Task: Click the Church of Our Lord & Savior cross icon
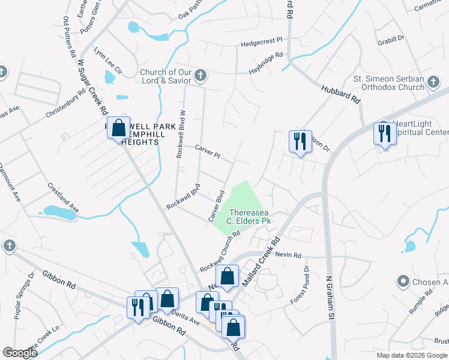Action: [200, 76]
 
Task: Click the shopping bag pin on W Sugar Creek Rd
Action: [119, 128]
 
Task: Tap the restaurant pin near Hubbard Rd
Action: [300, 142]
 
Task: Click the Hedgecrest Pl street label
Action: [261, 43]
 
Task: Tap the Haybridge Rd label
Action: [266, 64]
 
